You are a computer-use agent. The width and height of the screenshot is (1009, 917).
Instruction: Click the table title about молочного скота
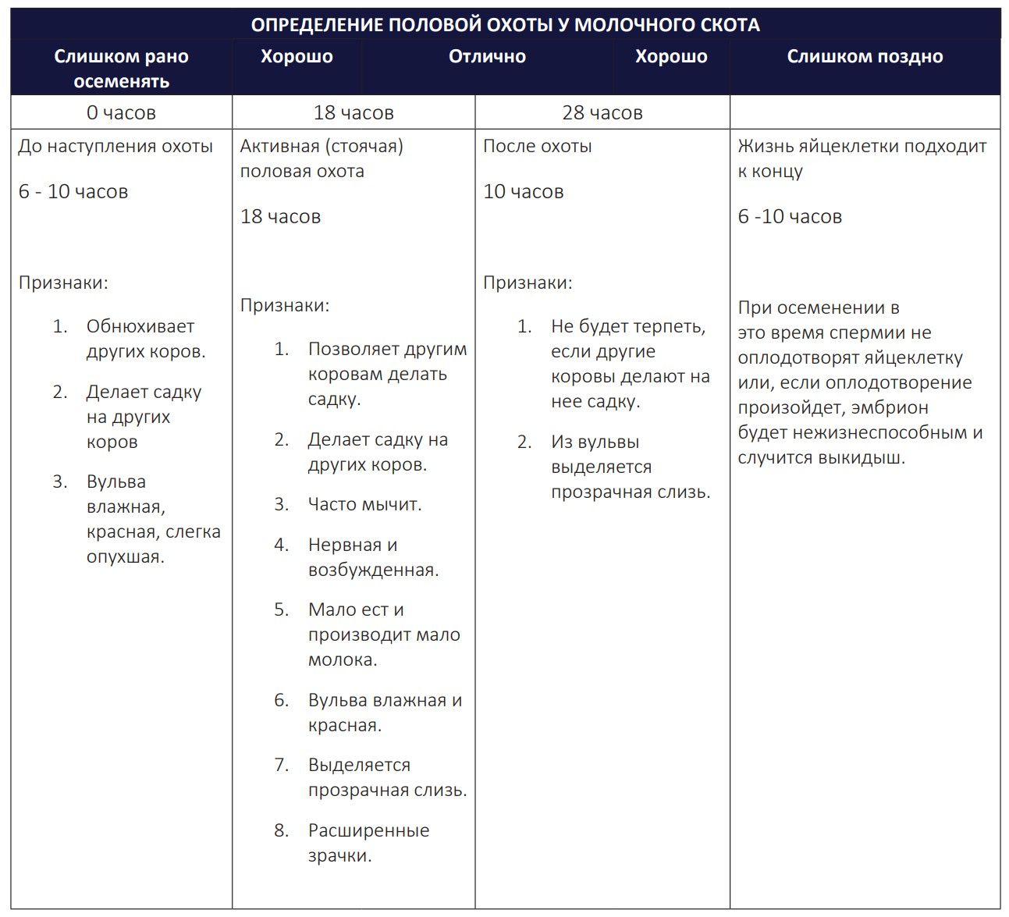click(505, 25)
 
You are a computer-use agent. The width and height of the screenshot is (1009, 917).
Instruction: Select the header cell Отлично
click(487, 57)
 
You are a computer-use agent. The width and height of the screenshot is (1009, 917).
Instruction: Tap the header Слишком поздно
click(865, 57)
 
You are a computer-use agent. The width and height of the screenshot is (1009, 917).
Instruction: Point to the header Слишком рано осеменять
click(121, 69)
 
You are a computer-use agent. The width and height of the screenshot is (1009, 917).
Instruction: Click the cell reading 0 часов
click(121, 113)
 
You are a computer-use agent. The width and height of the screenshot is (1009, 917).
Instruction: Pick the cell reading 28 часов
click(602, 113)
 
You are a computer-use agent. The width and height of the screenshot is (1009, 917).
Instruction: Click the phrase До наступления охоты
click(115, 147)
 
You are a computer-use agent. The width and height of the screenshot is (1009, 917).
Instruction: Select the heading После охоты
click(537, 147)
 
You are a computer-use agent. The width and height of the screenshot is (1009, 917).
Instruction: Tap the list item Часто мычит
click(364, 505)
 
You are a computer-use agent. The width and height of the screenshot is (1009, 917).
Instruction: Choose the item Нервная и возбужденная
click(372, 557)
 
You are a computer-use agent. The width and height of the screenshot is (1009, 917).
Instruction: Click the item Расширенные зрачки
click(368, 843)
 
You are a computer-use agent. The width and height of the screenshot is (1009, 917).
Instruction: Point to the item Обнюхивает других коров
click(145, 339)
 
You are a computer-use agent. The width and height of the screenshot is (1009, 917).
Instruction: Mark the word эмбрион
click(890, 408)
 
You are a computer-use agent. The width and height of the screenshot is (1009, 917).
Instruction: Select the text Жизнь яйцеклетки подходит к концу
click(862, 158)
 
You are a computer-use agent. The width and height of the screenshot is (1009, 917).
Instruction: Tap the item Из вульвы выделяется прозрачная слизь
click(630, 467)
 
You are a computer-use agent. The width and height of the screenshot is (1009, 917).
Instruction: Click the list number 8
click(282, 830)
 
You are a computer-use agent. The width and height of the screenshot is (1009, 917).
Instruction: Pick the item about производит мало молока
click(383, 634)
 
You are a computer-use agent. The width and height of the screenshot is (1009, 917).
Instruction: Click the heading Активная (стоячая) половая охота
click(321, 158)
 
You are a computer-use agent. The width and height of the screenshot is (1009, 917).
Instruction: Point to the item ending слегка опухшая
click(153, 520)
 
